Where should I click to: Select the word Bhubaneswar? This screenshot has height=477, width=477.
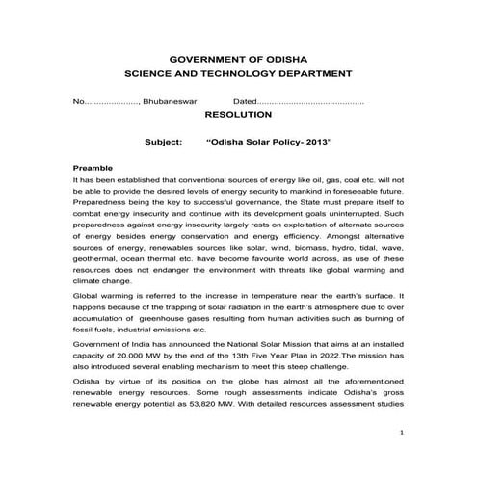[x=170, y=101]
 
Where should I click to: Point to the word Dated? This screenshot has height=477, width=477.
[x=245, y=101]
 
